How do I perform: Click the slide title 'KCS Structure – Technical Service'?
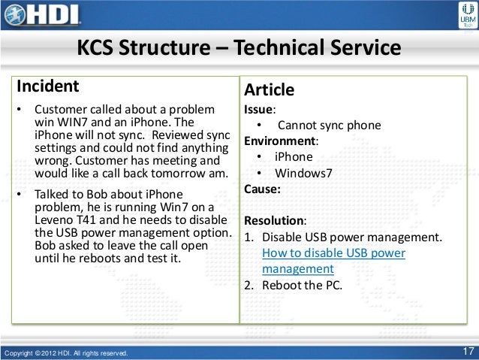coord(239,50)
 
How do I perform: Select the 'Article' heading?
coord(269,90)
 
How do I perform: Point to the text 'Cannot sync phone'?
coord(329,126)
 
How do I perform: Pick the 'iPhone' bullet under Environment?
coord(293,157)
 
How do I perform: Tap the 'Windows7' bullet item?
coord(301,173)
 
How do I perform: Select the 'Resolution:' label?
coord(274,221)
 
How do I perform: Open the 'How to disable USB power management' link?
coord(333,261)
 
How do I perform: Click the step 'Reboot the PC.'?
coord(301,285)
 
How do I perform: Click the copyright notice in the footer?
coord(66,352)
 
